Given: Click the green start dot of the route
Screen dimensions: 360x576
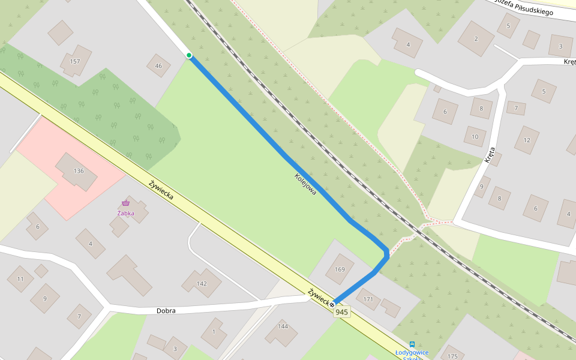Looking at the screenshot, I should [189, 55].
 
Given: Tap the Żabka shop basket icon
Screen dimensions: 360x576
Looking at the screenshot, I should [125, 203].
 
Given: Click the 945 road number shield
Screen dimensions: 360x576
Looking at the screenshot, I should [342, 312].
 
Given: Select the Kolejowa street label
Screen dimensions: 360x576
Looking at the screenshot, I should [305, 184].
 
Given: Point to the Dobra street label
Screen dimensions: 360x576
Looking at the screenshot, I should [166, 311].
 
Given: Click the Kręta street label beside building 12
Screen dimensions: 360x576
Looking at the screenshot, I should [490, 155].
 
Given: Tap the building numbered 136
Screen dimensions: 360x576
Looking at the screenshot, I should [79, 171].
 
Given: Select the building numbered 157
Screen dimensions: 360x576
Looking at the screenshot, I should [75, 61].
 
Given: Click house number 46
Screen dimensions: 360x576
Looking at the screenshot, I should [158, 66].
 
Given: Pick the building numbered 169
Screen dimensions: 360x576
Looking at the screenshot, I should [340, 269].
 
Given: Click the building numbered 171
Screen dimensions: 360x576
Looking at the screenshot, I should [368, 299].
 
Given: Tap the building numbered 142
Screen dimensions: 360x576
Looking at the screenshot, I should [202, 283].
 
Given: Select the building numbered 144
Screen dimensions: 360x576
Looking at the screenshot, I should [282, 327].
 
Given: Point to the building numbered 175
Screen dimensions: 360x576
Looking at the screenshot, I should [452, 356].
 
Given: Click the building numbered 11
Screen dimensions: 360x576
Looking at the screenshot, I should [20, 279].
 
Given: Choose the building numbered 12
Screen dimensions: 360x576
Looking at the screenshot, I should [527, 140].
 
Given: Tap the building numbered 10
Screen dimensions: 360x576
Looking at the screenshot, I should [475, 136].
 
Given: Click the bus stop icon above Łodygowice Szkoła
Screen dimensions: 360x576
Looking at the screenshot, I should [412, 344].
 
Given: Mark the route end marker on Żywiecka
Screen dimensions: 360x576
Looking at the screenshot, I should [332, 304].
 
